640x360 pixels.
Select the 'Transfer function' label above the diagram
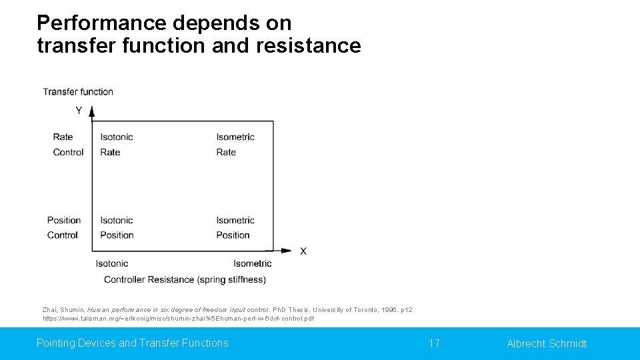pos(78,92)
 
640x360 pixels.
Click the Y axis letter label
pos(79,111)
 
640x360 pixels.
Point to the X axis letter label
pos(303,251)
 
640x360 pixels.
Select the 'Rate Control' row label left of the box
pos(68,145)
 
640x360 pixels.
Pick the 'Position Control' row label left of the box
pos(63,227)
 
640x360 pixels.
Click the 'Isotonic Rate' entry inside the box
pos(117,145)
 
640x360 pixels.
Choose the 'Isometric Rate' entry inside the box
pos(235,145)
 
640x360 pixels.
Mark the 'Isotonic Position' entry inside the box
pos(117,227)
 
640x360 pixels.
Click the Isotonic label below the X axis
pos(112,263)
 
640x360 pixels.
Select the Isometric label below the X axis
pos(252,263)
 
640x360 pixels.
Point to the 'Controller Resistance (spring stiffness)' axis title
pos(185,279)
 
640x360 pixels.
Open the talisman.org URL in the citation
pos(178,319)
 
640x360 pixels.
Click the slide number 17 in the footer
pos(434,343)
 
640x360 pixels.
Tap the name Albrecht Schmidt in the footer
pos(547,343)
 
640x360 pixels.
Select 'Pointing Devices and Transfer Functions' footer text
pos(132,343)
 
